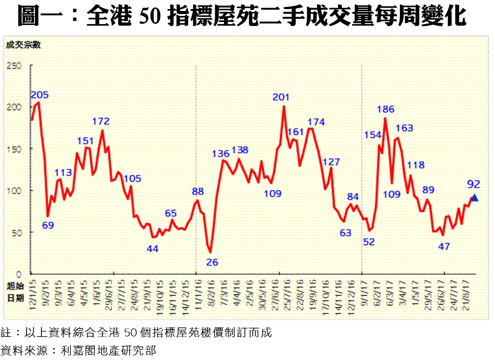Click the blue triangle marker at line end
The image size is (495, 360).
coord(474,198)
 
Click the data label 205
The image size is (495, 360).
coord(40,95)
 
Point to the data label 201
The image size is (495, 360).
coord(281,97)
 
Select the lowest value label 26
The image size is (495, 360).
coord(212,262)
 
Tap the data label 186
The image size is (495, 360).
coord(386,109)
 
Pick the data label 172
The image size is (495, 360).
coord(101,121)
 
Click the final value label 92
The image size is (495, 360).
coord(473,184)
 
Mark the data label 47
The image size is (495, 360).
coord(444,246)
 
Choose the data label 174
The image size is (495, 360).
coord(316,122)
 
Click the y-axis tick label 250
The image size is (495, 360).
coord(14,66)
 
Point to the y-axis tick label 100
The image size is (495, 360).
coord(14,191)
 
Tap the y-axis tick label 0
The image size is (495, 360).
coord(19,274)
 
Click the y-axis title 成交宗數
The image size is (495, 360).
coord(23,45)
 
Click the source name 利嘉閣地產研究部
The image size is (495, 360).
coord(108,351)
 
